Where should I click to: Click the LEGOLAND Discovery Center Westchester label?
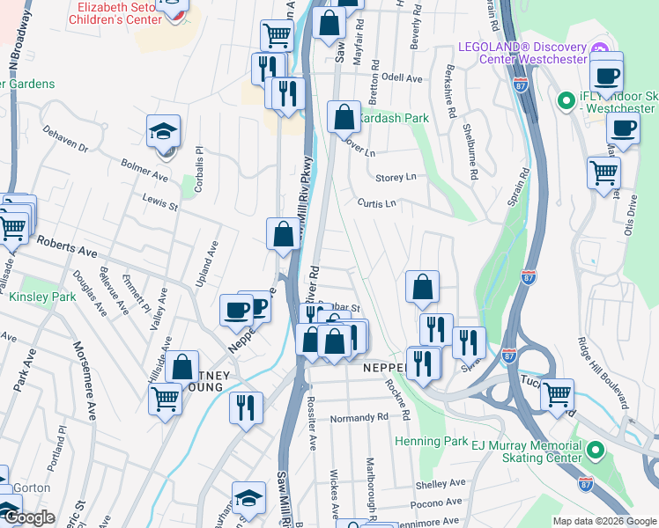[522, 53]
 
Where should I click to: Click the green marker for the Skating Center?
[595, 452]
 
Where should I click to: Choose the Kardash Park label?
[393, 117]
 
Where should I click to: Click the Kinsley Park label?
[42, 297]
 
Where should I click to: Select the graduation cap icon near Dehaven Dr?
[164, 132]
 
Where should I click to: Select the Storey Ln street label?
[396, 178]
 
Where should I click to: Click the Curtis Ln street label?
[377, 203]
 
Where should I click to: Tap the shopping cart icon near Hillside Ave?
[165, 401]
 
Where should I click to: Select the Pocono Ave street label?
[441, 502]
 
